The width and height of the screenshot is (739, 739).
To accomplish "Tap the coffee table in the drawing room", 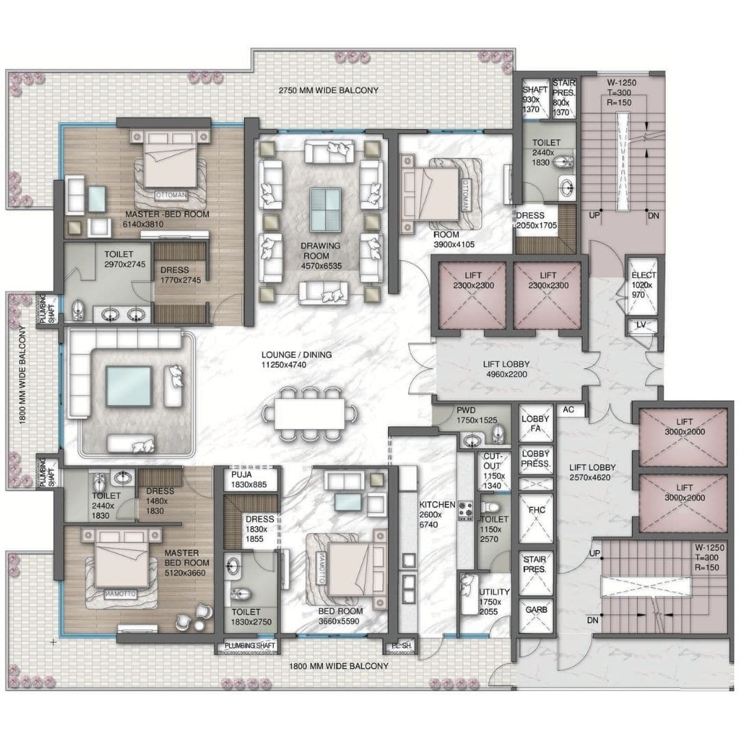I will click(x=326, y=210).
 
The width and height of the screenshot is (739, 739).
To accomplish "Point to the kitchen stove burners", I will click(x=467, y=510).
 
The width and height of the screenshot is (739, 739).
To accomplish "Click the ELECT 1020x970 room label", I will click(x=643, y=285).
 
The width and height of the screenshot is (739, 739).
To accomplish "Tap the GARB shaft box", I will click(x=535, y=609).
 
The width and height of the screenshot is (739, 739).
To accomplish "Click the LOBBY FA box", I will click(x=535, y=424).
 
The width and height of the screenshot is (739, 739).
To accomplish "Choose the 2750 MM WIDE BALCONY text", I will click(x=328, y=90).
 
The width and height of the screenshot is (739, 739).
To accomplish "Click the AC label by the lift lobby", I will click(x=567, y=411).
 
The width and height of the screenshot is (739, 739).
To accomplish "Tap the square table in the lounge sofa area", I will click(x=128, y=387).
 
